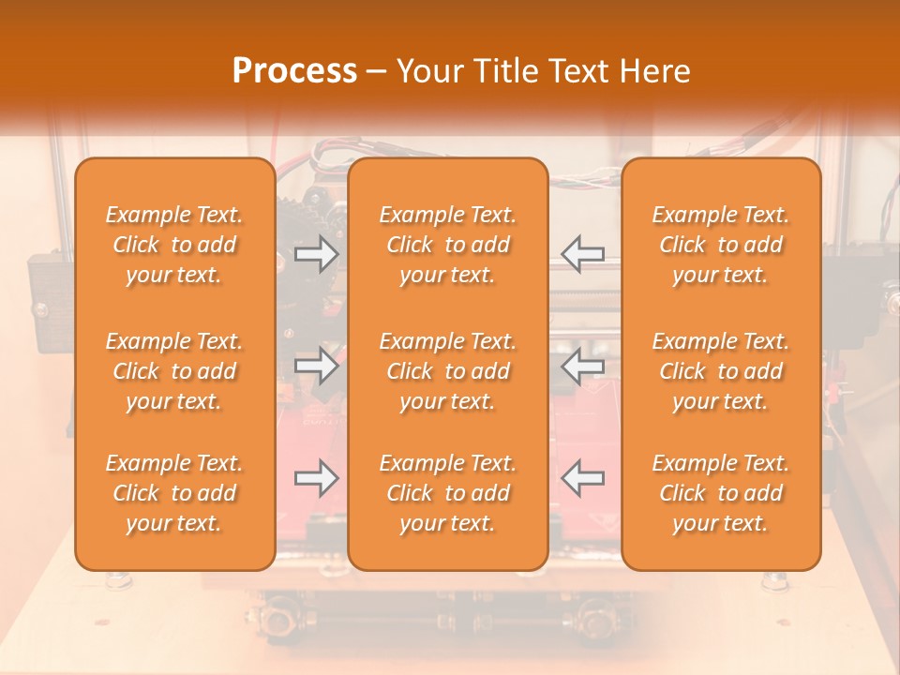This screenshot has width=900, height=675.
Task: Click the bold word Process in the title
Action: tap(294, 71)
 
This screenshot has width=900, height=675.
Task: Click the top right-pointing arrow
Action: tap(316, 254)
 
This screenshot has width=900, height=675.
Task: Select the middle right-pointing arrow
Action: tap(316, 367)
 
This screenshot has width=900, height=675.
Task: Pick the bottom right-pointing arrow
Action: tap(316, 479)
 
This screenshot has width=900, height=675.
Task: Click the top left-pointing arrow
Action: tap(582, 254)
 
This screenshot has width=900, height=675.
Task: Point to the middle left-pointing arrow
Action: tap(582, 367)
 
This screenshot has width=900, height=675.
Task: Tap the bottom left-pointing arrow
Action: tap(582, 479)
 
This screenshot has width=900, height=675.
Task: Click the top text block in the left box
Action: tap(174, 245)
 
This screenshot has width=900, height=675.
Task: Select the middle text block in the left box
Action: tap(174, 371)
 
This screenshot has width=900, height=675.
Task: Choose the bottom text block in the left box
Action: tap(174, 493)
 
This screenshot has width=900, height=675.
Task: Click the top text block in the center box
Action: tap(448, 245)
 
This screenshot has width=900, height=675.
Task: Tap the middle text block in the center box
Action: tap(448, 371)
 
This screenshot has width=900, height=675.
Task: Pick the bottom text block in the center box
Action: tap(448, 493)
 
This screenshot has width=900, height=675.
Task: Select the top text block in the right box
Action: tap(721, 245)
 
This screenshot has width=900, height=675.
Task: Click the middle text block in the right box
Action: tap(721, 371)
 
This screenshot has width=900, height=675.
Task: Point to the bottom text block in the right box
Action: tap(721, 493)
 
